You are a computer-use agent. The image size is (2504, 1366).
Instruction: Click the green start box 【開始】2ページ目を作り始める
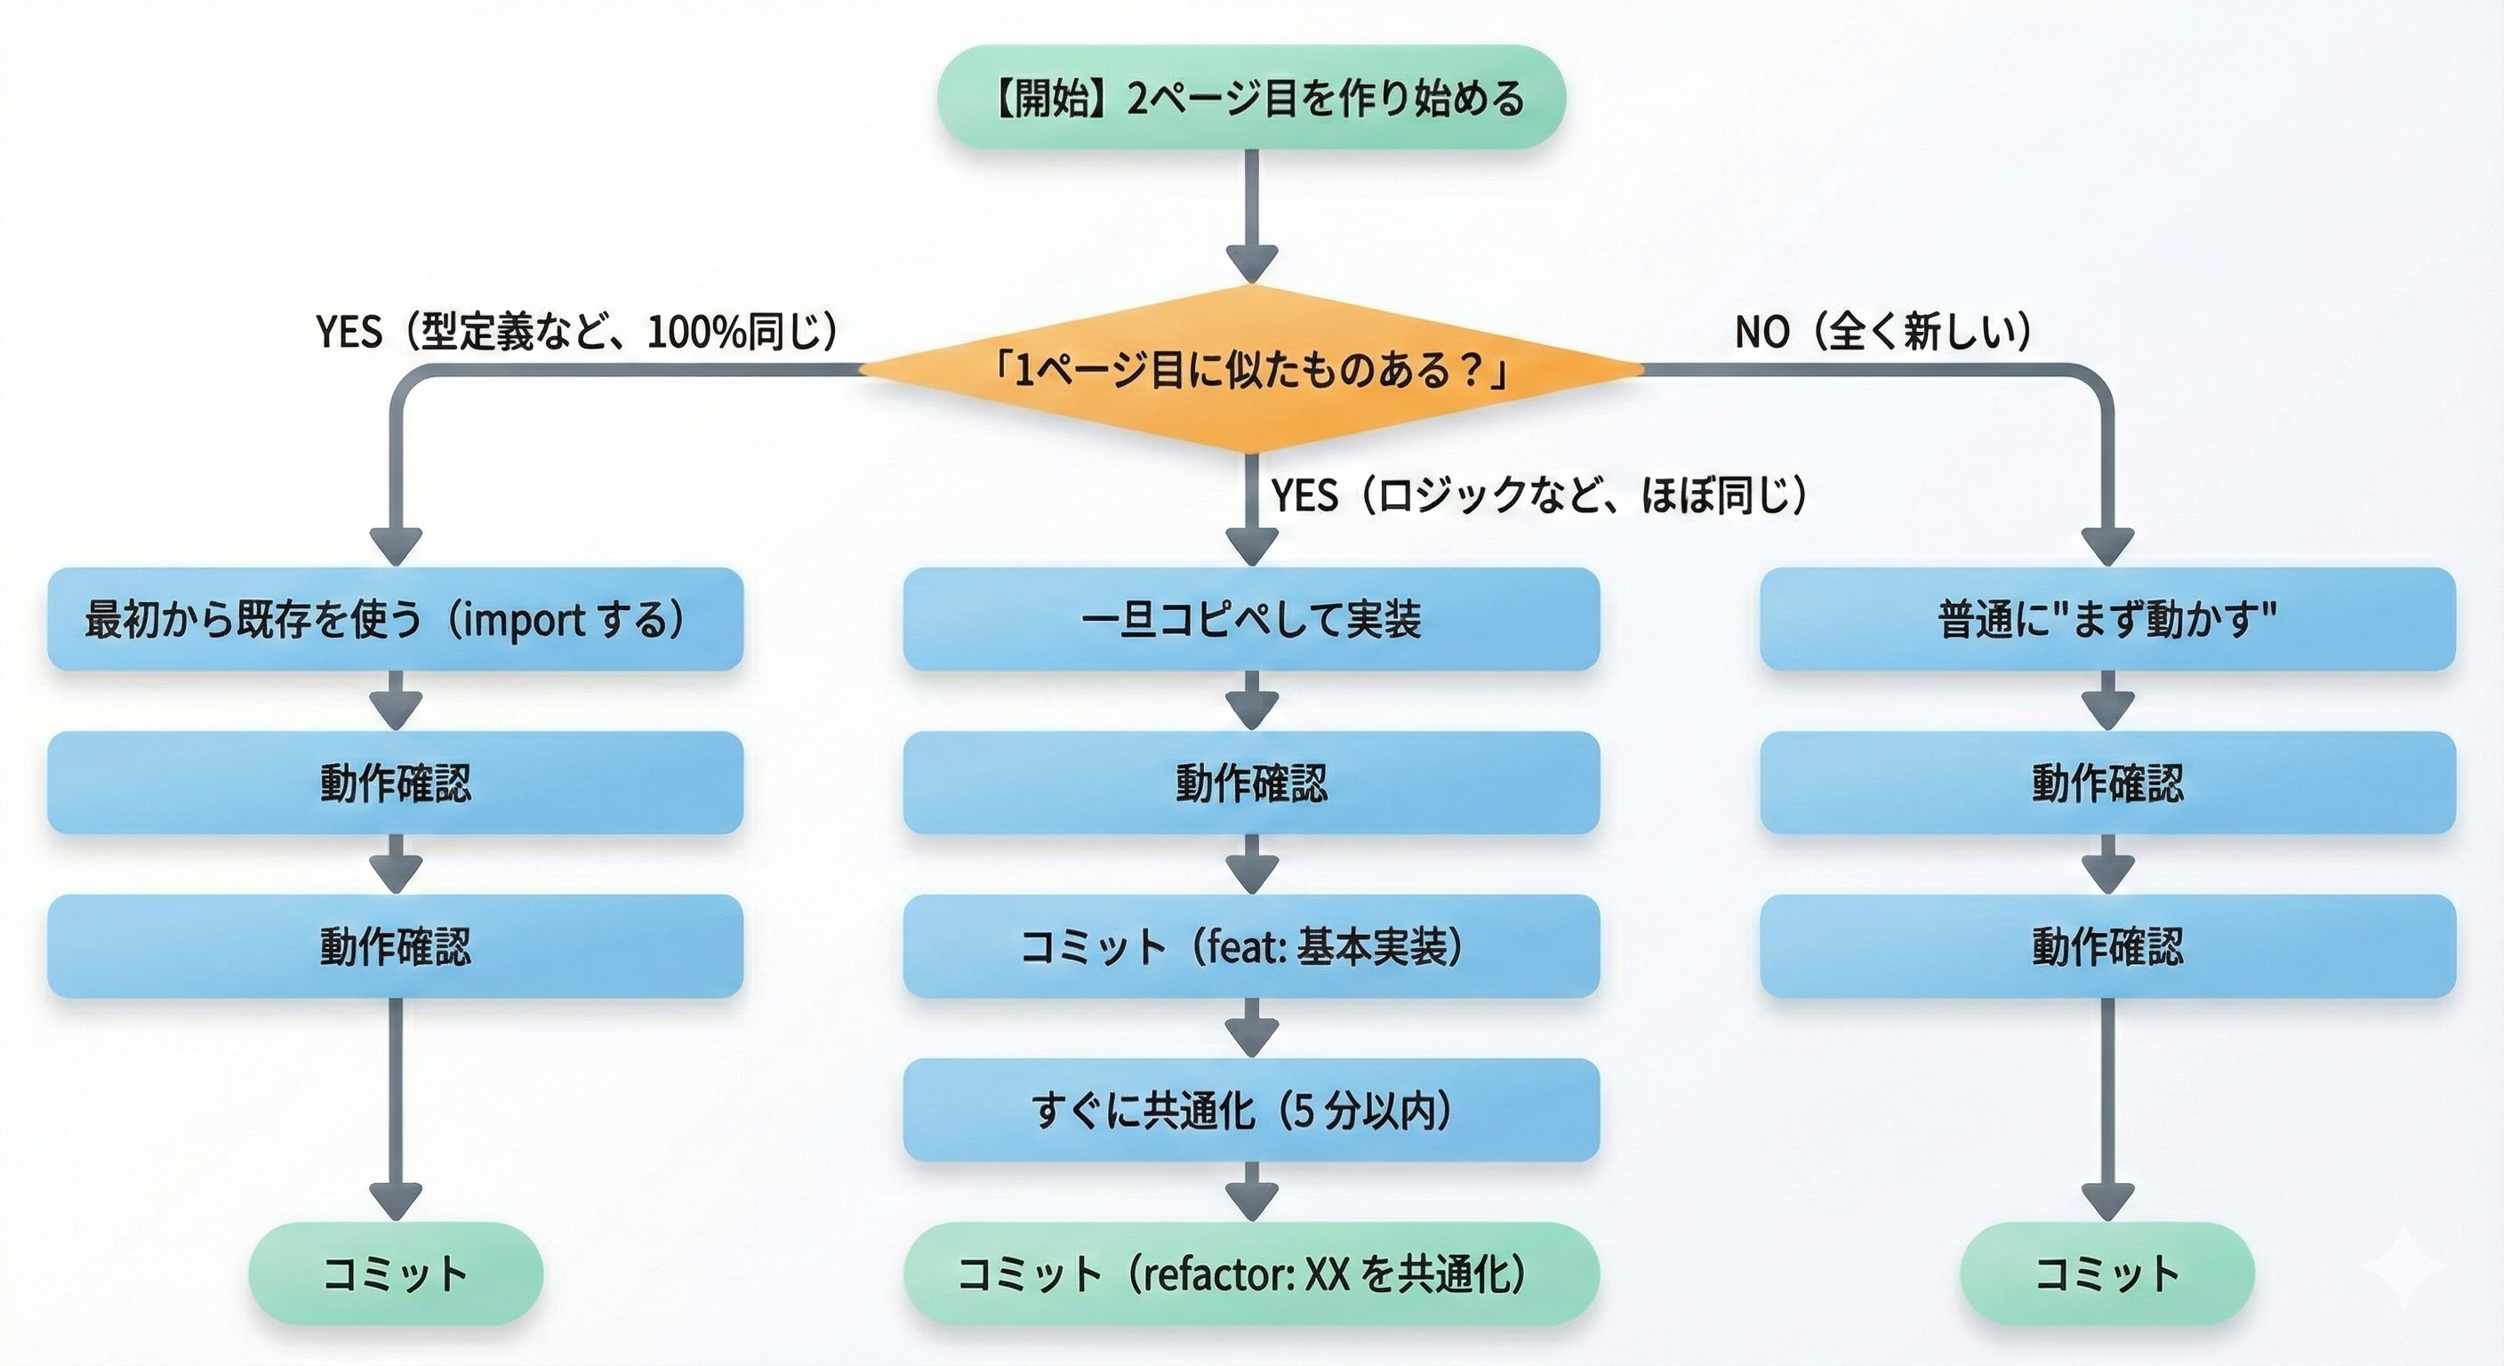1251,97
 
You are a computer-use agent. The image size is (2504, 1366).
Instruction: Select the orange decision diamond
1251,369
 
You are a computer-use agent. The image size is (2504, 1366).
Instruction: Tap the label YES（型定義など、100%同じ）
576,333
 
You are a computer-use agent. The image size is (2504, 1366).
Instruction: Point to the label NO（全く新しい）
1882,333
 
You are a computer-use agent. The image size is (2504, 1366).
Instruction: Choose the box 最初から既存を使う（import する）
396,619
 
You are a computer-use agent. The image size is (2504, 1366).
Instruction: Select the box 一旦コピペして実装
1251,619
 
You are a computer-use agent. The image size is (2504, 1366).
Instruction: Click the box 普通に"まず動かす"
2107,619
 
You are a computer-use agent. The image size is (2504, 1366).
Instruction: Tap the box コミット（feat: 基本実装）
1251,946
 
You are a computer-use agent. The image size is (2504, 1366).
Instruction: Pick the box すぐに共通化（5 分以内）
1251,1109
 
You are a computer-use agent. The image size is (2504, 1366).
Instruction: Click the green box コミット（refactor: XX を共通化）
1251,1274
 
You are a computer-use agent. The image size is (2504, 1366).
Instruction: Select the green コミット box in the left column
396,1274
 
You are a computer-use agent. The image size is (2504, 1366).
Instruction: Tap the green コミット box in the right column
2107,1274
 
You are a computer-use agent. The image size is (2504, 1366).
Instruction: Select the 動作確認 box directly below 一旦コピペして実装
1251,783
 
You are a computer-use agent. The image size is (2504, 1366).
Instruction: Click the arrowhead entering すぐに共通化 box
1251,1040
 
